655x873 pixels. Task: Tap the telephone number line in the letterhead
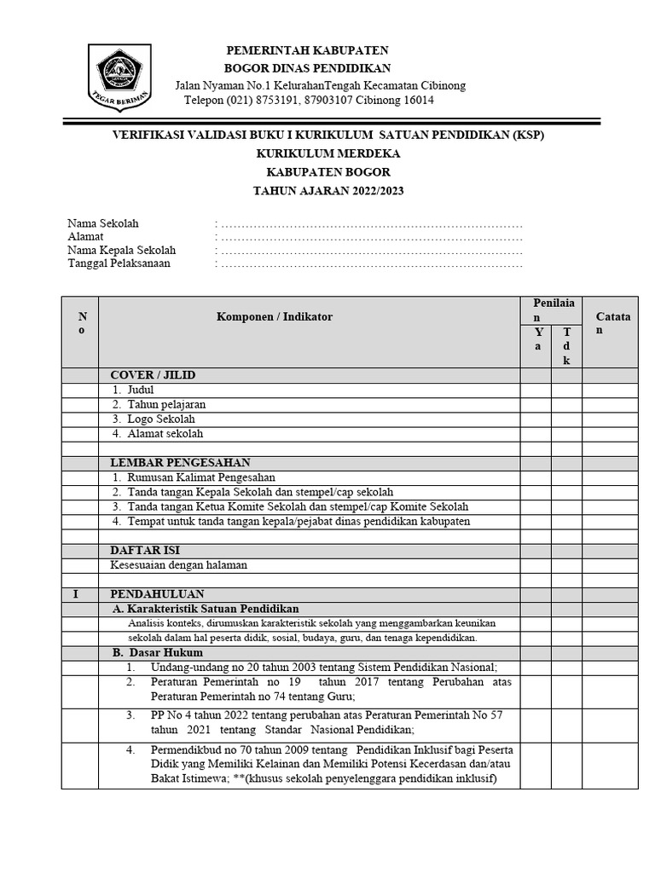[x=309, y=101]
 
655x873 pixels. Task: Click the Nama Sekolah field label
[x=103, y=223]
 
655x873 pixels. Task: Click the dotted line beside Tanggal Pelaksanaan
[x=371, y=263]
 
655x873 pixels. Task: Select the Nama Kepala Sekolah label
[x=122, y=250]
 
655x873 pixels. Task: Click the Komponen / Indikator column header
[x=274, y=316]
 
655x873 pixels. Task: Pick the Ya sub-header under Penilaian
[x=537, y=338]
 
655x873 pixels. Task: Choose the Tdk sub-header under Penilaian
[x=566, y=346]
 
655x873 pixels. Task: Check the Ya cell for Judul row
[x=537, y=390]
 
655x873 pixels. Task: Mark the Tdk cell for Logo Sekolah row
[x=566, y=419]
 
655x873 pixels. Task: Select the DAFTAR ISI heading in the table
[x=145, y=551]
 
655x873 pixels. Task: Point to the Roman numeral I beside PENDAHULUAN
[x=75, y=594]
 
